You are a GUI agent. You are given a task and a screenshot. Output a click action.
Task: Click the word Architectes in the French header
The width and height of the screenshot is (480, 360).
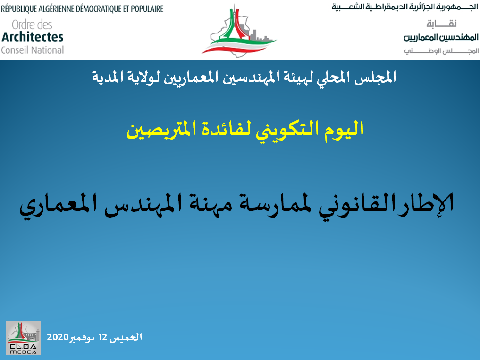click(x=33, y=37)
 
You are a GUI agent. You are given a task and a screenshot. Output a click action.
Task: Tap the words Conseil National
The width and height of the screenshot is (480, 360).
click(x=33, y=50)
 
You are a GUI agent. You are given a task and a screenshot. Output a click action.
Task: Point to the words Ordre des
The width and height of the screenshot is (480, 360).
click(x=32, y=25)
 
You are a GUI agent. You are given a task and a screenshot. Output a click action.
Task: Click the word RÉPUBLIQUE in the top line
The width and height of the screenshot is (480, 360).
click(x=19, y=9)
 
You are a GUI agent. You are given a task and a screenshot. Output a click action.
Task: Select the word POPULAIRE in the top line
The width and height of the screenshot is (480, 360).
click(x=147, y=9)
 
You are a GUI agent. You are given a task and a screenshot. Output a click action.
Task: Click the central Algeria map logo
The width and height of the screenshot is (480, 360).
click(x=239, y=32)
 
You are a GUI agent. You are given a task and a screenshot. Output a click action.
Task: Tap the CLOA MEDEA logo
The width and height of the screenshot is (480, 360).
click(x=23, y=338)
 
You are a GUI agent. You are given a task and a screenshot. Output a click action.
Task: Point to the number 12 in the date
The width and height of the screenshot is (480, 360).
click(x=102, y=337)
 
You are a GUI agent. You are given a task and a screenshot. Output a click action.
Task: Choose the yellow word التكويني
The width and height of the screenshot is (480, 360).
click(x=289, y=130)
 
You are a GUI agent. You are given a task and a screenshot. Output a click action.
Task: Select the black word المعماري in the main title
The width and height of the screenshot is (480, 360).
click(x=58, y=206)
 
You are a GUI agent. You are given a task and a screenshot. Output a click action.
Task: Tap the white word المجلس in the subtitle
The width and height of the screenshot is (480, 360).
click(x=376, y=77)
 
